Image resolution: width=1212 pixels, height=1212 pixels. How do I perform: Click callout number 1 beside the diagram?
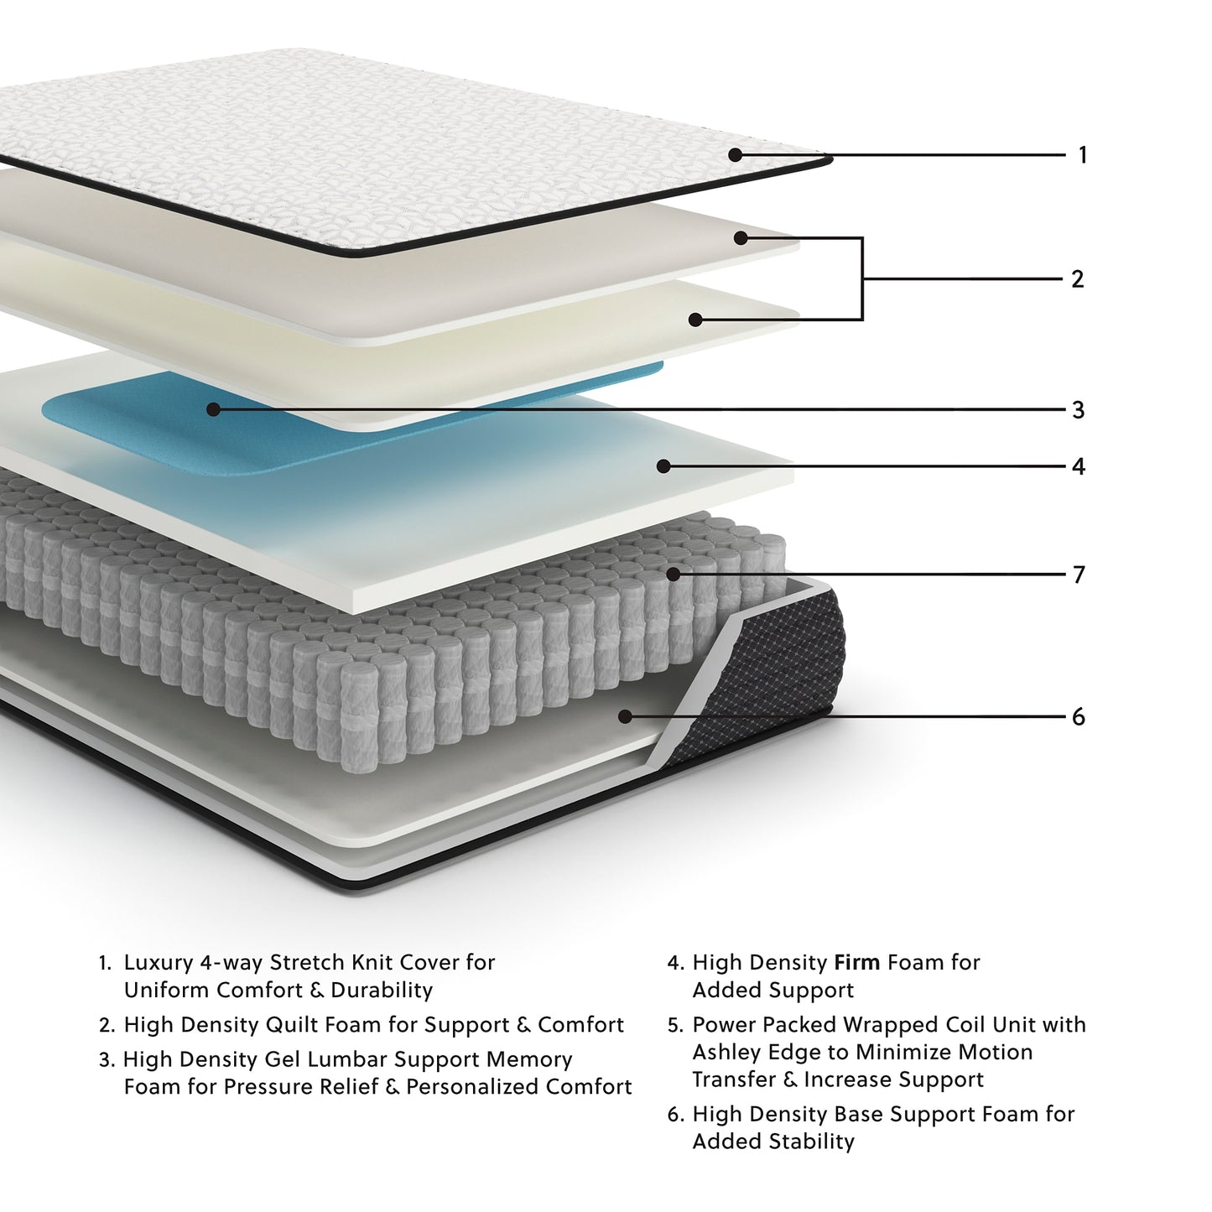coord(1082,155)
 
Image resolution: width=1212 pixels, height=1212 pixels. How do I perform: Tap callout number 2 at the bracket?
coord(1078,279)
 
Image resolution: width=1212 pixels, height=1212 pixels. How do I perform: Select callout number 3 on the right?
coord(1079,410)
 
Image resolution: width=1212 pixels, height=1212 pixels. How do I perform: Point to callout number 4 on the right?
coord(1079,466)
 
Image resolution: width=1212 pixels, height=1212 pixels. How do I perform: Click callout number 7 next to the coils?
coord(1079,575)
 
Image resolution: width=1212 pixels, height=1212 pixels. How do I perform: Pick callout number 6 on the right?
coord(1079,717)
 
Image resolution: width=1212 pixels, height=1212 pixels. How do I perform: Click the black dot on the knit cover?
coord(736,154)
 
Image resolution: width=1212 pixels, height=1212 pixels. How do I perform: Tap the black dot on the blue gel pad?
coord(213,409)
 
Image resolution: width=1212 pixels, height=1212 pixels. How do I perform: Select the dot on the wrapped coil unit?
coord(674,575)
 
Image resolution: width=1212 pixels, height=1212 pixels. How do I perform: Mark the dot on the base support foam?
coord(625,716)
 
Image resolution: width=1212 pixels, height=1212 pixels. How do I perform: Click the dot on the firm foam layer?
coord(663,466)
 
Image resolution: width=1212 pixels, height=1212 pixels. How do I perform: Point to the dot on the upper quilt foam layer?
coord(741,238)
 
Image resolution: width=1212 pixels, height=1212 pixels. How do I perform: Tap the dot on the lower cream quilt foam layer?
coord(694,320)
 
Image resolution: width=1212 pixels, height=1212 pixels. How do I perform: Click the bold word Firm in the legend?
coord(856,963)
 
